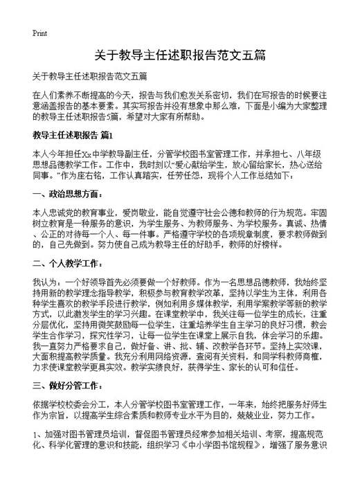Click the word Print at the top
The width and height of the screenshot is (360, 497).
[39, 33]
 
